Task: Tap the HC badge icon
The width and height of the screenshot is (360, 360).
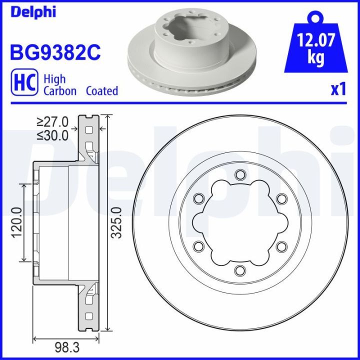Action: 23,83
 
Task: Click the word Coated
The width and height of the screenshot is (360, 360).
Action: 101,91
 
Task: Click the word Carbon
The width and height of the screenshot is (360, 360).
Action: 60,91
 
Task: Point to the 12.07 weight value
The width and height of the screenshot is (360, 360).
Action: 315,40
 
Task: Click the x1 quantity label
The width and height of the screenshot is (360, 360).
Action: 338,89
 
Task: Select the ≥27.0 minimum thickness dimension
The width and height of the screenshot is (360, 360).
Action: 52,121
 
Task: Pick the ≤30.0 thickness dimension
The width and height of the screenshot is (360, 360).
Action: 52,135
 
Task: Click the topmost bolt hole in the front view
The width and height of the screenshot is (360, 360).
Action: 240,174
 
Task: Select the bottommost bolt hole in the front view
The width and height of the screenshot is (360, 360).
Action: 240,270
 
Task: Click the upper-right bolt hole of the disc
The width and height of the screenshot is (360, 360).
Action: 281,198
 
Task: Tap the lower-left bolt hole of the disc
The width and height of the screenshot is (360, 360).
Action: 198,246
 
